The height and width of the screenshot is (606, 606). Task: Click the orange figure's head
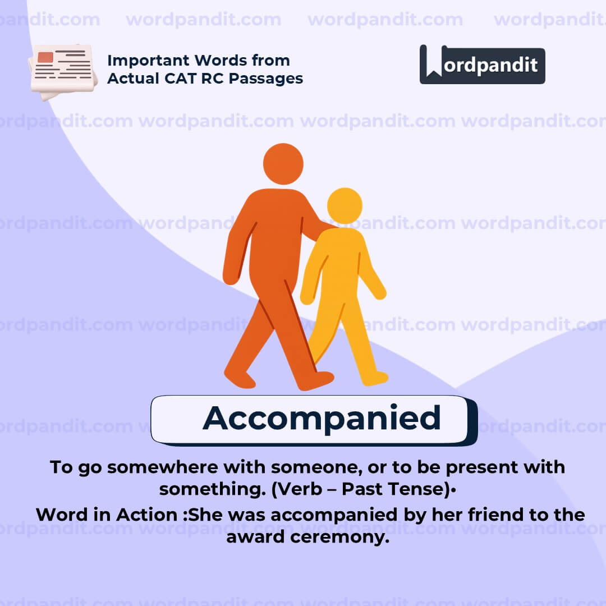(283, 164)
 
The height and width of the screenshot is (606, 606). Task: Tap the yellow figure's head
(345, 205)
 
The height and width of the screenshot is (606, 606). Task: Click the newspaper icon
(62, 71)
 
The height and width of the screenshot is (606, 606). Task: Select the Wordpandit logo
(482, 65)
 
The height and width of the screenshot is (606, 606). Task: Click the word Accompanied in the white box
(322, 418)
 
